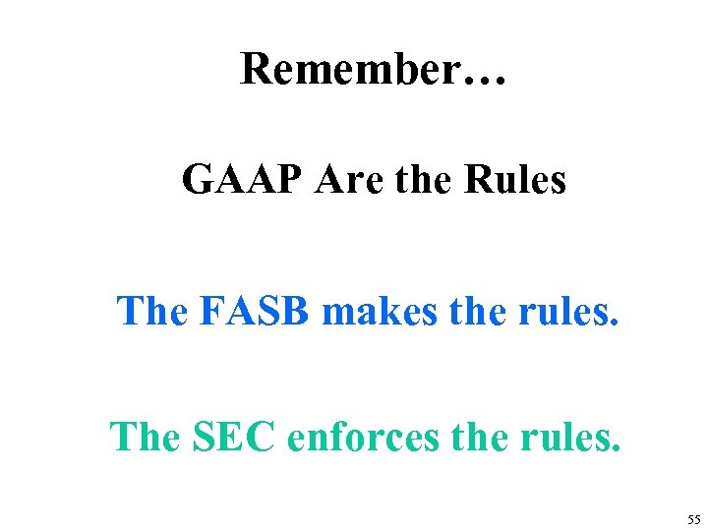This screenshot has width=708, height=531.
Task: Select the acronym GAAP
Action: point(237,180)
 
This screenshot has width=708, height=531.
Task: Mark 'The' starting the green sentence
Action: point(141,437)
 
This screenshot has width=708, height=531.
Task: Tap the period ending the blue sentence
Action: point(617,322)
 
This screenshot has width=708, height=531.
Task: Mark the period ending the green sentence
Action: point(618,448)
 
